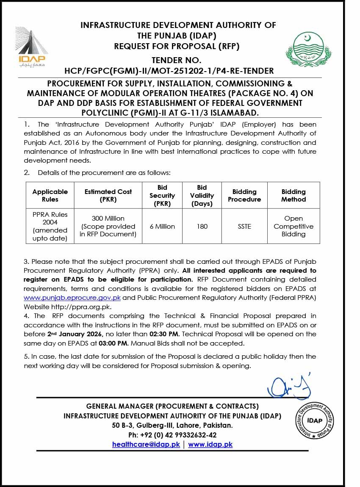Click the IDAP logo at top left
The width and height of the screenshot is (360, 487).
[x=32, y=47]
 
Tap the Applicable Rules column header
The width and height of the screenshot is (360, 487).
[x=50, y=196]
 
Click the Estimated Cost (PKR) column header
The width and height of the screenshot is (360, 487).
[x=108, y=196]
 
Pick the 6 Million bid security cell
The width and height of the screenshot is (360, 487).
[x=162, y=227]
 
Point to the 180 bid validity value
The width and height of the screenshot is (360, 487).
[x=202, y=227]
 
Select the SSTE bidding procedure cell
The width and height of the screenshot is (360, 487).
[x=244, y=227]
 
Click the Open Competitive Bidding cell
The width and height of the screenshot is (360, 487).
[x=294, y=227]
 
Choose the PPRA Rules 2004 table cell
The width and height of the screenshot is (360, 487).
[x=50, y=227]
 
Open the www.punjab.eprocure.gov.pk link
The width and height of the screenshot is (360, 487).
[x=72, y=298]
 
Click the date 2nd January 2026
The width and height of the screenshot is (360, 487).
[x=79, y=334]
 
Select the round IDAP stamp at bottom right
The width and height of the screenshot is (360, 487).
[x=314, y=421]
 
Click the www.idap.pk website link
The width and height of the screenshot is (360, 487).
[x=210, y=445]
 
